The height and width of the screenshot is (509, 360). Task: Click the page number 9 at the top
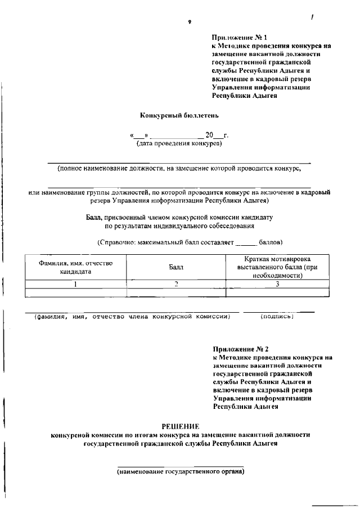coord(190,22)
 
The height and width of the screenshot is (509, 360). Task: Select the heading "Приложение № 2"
coord(237,349)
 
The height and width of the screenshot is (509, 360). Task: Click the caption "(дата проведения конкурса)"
coord(179,144)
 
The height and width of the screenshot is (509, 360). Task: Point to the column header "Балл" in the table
coord(176,268)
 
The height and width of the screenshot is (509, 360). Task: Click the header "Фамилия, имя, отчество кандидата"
coord(76,267)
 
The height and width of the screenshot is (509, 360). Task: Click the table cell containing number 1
coord(76,284)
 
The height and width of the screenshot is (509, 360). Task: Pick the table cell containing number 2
coord(176,284)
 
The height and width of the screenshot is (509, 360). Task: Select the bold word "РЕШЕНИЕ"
coord(180,426)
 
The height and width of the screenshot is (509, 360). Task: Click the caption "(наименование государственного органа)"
coord(180,471)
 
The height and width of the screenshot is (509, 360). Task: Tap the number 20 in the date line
coord(210,136)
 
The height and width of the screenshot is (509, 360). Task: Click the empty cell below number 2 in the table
coord(176,292)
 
